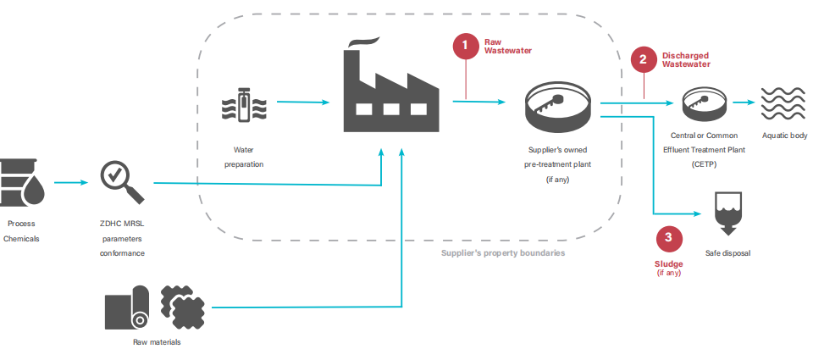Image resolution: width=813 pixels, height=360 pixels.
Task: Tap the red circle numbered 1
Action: pyautogui.click(x=466, y=47)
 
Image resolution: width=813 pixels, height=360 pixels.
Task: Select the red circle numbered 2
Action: pyautogui.click(x=643, y=59)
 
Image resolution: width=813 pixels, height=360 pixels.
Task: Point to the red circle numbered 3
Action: pyautogui.click(x=668, y=238)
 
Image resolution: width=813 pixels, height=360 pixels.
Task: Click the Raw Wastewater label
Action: pyautogui.click(x=502, y=46)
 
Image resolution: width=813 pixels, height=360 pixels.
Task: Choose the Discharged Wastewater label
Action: pyautogui.click(x=685, y=59)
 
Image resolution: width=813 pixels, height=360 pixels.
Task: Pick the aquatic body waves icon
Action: pyautogui.click(x=783, y=104)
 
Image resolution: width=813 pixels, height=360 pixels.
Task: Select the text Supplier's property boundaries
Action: pyautogui.click(x=502, y=253)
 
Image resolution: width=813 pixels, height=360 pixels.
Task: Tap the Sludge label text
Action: pyautogui.click(x=668, y=263)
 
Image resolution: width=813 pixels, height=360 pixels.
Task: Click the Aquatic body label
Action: pyautogui.click(x=784, y=136)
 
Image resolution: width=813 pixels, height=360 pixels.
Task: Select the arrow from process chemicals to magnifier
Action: pyautogui.click(x=71, y=181)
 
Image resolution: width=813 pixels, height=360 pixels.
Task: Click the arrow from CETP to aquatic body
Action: pyautogui.click(x=744, y=103)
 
